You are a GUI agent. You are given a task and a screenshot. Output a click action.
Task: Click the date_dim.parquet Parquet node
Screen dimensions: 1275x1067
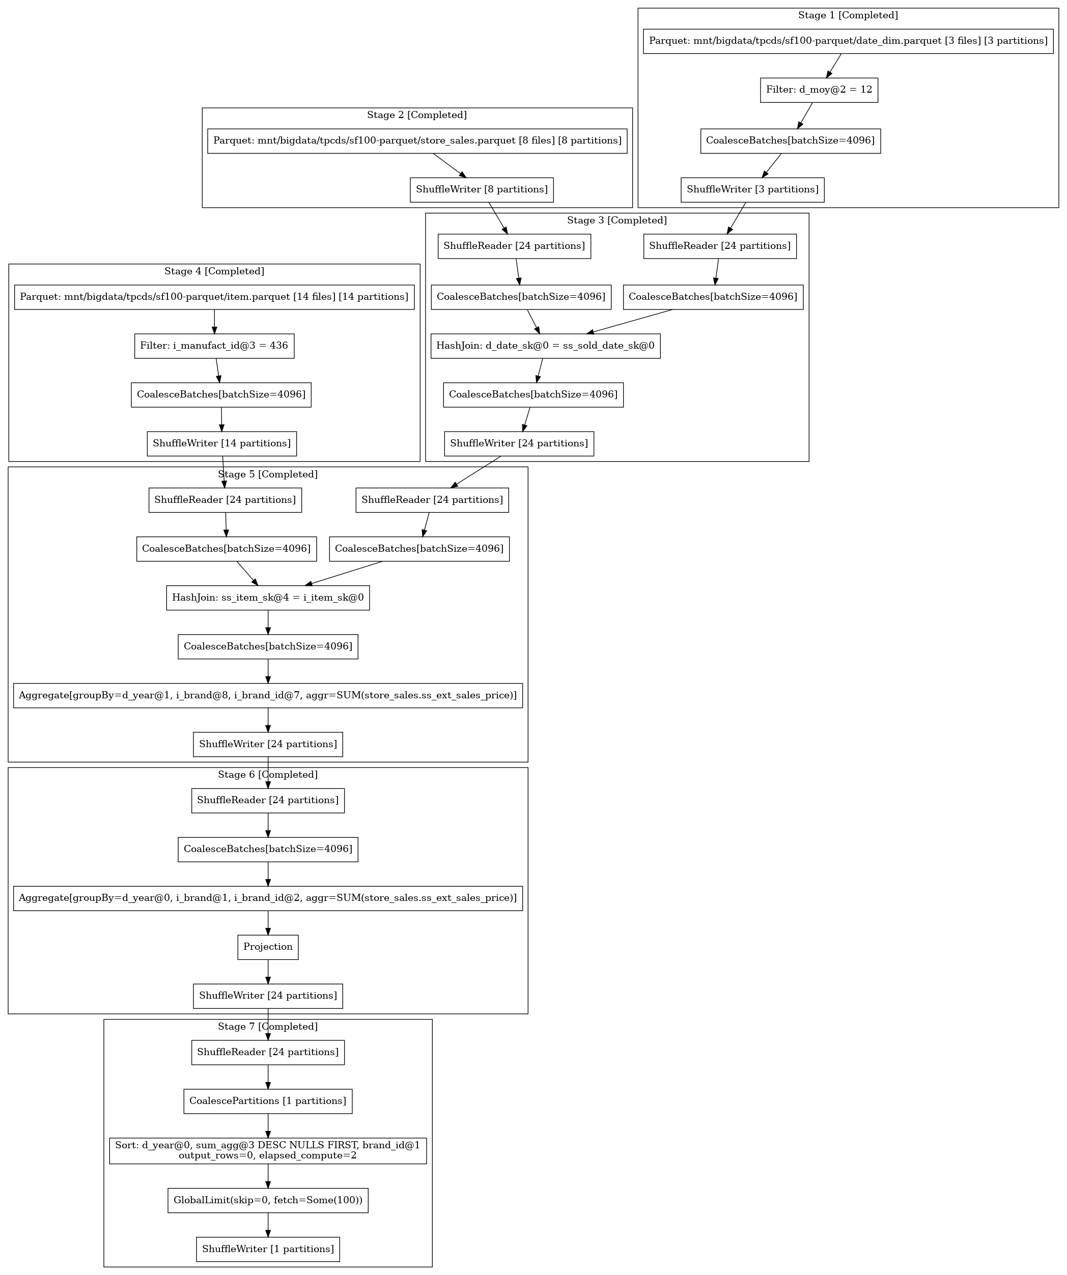[848, 41]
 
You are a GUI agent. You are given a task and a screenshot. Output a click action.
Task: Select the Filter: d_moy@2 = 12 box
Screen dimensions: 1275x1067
[819, 90]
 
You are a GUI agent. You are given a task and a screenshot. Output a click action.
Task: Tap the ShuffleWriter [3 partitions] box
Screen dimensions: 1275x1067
[752, 189]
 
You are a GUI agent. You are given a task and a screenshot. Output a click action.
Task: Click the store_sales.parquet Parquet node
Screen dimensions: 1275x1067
[417, 141]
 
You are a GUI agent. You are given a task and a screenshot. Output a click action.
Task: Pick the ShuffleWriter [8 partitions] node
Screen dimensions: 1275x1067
[482, 189]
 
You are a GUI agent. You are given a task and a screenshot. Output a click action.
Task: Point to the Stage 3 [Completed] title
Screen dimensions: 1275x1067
[616, 220]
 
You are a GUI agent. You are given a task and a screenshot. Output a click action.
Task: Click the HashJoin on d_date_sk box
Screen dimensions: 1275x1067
[545, 346]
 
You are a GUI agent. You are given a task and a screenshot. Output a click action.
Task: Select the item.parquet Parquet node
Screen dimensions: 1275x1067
[214, 297]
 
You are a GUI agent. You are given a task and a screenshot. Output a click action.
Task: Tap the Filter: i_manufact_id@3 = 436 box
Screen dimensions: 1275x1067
[214, 346]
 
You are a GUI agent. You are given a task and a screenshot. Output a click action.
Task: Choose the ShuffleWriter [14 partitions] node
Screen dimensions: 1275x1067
[221, 443]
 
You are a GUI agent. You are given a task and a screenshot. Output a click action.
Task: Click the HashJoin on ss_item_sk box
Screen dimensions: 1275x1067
[268, 598]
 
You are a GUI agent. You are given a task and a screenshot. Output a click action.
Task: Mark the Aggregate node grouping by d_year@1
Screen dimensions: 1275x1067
[268, 695]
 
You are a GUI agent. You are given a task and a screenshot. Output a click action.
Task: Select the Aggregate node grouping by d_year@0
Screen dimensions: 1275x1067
[268, 898]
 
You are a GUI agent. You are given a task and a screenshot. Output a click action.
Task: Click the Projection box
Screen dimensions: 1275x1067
[268, 947]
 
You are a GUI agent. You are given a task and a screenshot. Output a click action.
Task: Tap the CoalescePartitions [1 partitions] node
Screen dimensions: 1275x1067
[268, 1101]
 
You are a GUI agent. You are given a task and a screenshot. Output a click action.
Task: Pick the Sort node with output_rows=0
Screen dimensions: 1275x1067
[268, 1150]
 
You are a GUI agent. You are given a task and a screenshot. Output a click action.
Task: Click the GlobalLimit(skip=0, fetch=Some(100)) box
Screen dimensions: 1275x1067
[268, 1200]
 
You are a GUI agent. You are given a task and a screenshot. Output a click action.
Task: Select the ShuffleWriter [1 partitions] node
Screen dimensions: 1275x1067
[268, 1249]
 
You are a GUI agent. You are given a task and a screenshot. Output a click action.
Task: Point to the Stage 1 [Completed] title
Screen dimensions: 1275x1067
[848, 15]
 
